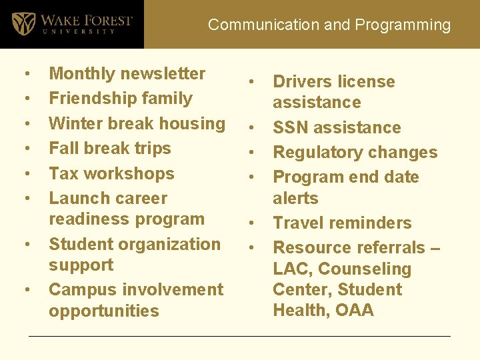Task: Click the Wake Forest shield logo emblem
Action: click(x=24, y=23)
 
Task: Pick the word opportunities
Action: click(x=104, y=311)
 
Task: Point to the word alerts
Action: click(x=295, y=199)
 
